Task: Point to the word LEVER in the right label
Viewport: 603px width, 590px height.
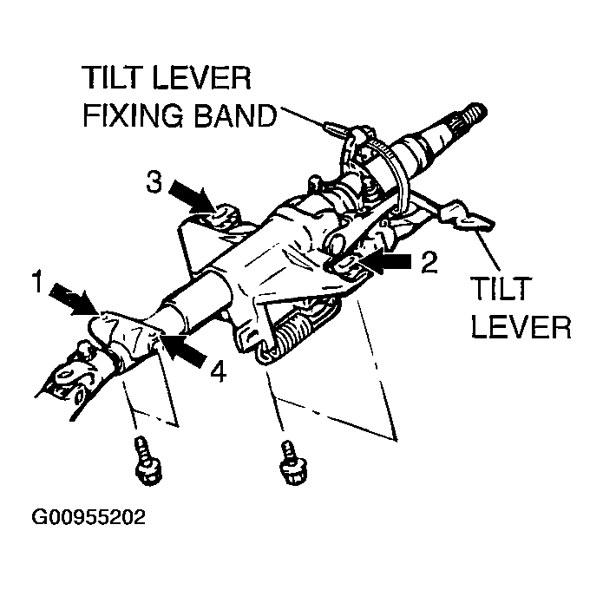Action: coord(520,328)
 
